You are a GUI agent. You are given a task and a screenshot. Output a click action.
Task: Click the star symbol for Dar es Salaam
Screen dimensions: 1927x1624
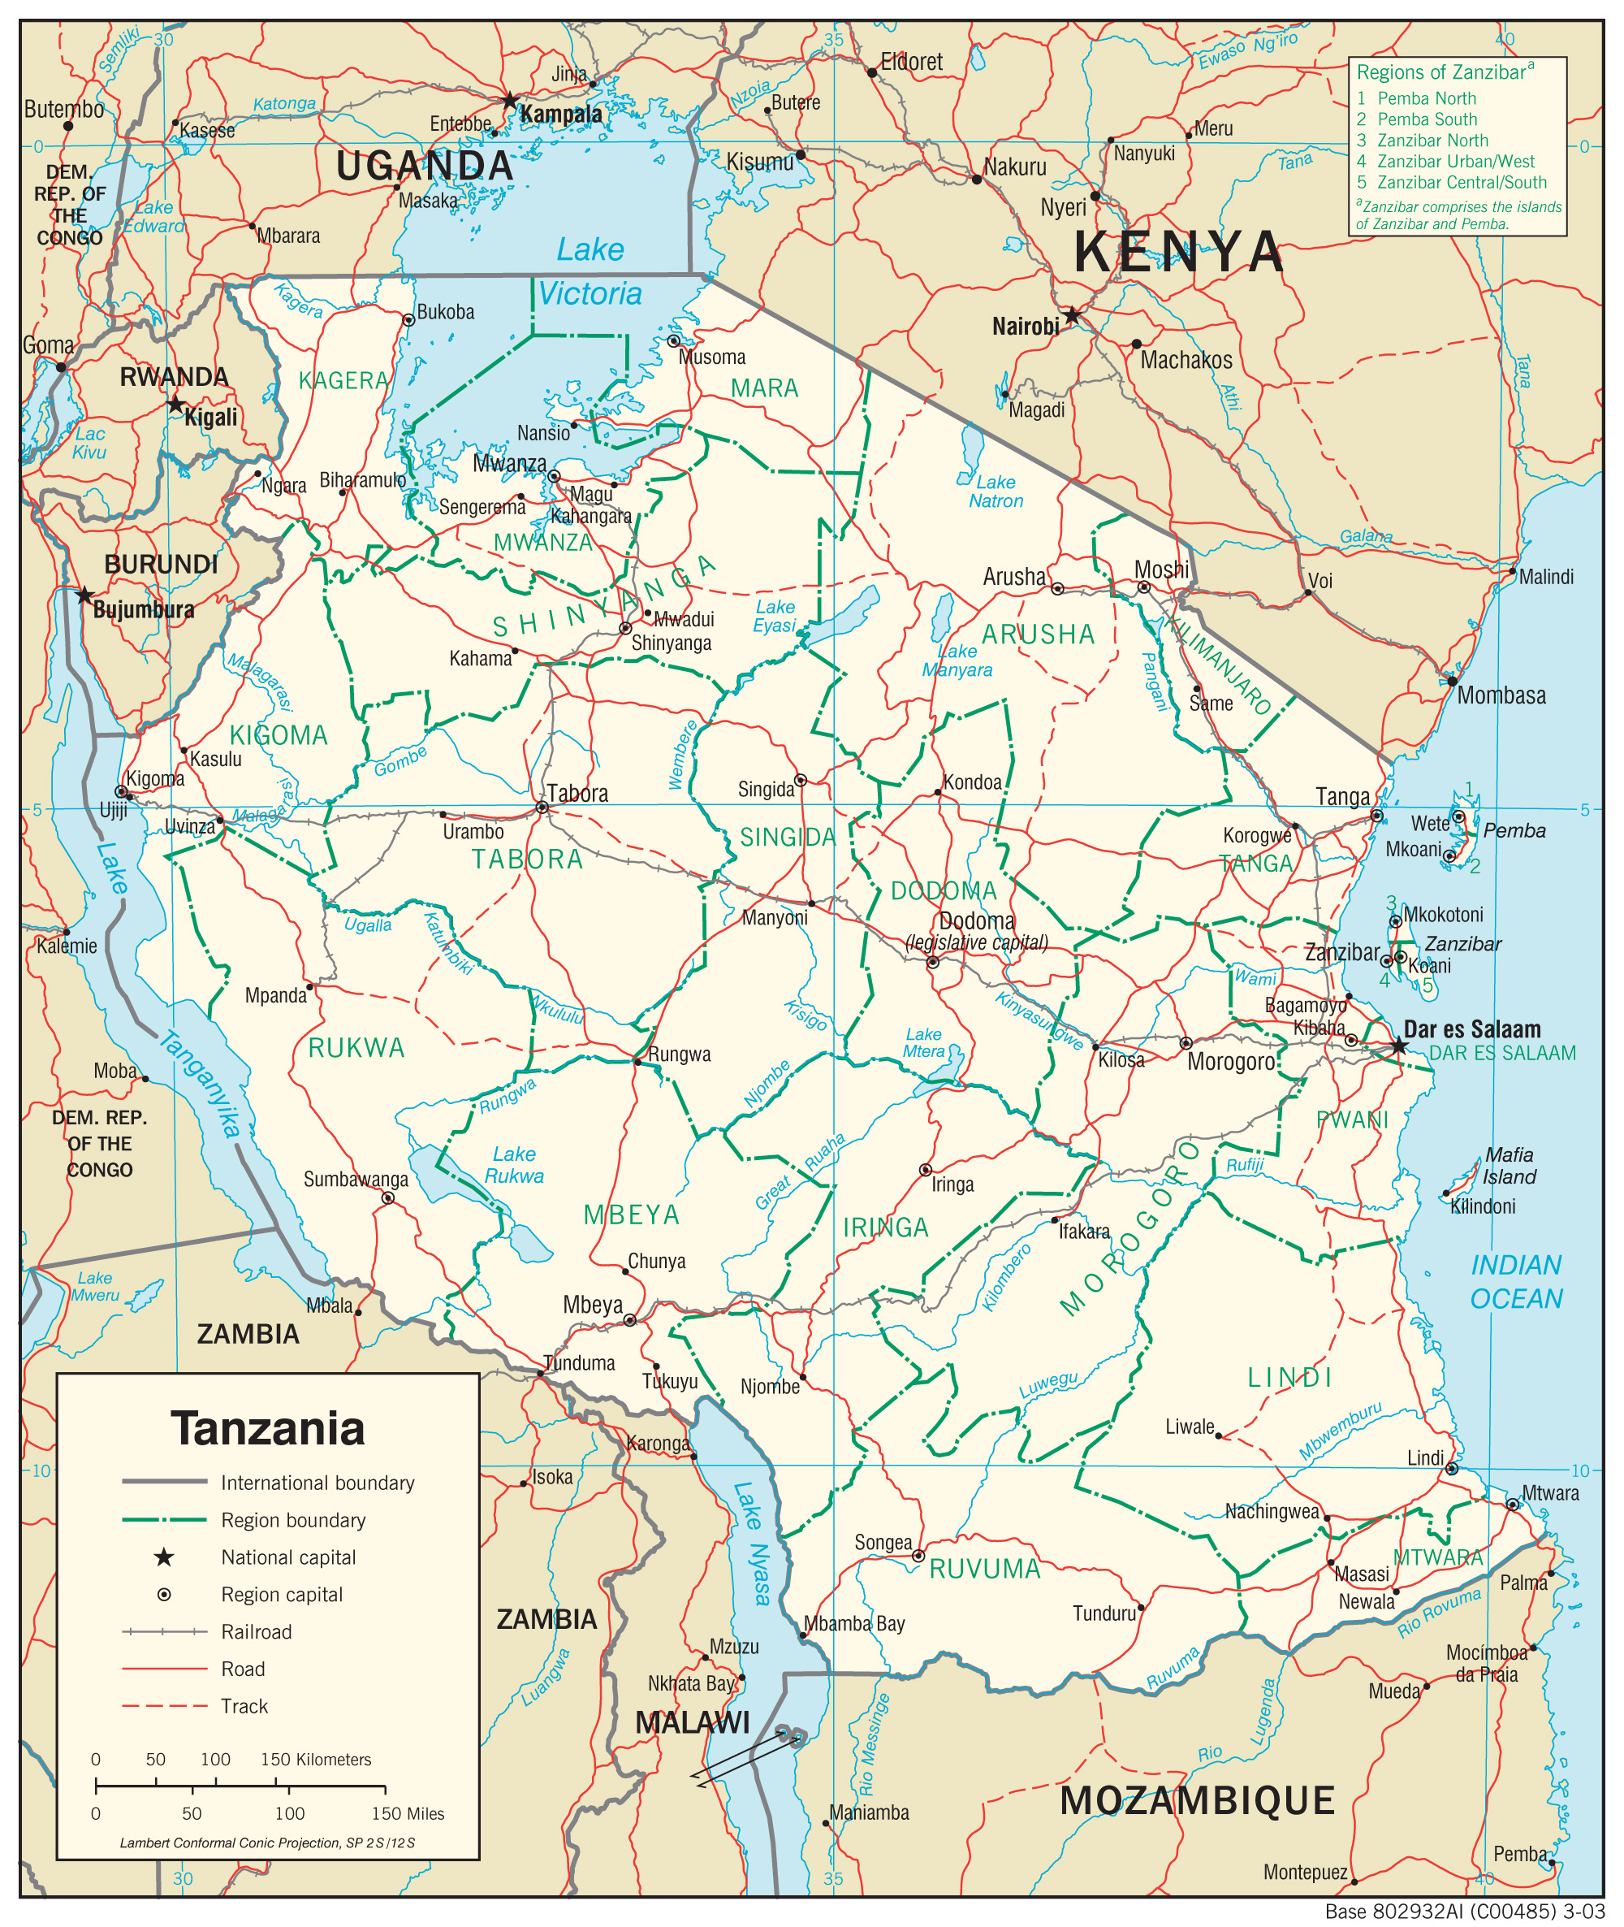pyautogui.click(x=1398, y=1046)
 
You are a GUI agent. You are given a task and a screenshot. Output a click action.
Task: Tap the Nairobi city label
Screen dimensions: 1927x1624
pyautogui.click(x=1025, y=327)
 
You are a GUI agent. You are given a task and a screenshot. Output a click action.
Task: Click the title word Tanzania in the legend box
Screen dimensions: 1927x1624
pyautogui.click(x=267, y=1429)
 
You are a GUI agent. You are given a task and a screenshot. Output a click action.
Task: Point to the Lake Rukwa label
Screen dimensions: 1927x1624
pyautogui.click(x=514, y=1165)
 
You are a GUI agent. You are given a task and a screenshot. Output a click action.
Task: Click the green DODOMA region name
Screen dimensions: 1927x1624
pyautogui.click(x=944, y=890)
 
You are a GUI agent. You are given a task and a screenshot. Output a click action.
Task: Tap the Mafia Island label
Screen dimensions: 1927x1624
pyautogui.click(x=1509, y=1165)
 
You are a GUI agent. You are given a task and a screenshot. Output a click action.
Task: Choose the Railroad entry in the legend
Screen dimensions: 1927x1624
pyautogui.click(x=256, y=1631)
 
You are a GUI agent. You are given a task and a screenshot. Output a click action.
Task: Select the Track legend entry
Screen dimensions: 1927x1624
pyautogui.click(x=244, y=1706)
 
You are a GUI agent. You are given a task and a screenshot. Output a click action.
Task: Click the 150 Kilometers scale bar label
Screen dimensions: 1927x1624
pyautogui.click(x=316, y=1760)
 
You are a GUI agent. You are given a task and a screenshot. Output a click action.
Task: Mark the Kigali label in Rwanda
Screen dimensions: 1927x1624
pyautogui.click(x=211, y=418)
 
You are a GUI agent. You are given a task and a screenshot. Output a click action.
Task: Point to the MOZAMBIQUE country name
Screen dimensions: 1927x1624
pyautogui.click(x=1197, y=1801)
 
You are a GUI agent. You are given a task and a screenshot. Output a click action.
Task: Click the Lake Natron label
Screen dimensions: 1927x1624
pyautogui.click(x=996, y=491)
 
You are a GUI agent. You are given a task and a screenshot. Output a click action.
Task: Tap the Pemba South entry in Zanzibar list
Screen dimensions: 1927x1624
pyautogui.click(x=1426, y=119)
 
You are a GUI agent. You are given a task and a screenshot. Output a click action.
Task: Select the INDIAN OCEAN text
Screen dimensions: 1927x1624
pyautogui.click(x=1515, y=1281)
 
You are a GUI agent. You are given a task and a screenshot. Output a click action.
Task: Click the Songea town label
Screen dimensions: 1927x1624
pyautogui.click(x=883, y=1543)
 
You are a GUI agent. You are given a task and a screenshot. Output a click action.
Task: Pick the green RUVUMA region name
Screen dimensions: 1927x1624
pyautogui.click(x=984, y=1570)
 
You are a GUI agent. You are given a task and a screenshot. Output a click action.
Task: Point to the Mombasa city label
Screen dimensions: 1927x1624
pyautogui.click(x=1501, y=695)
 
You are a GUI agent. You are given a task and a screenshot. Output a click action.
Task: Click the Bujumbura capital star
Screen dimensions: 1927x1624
pyautogui.click(x=84, y=595)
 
